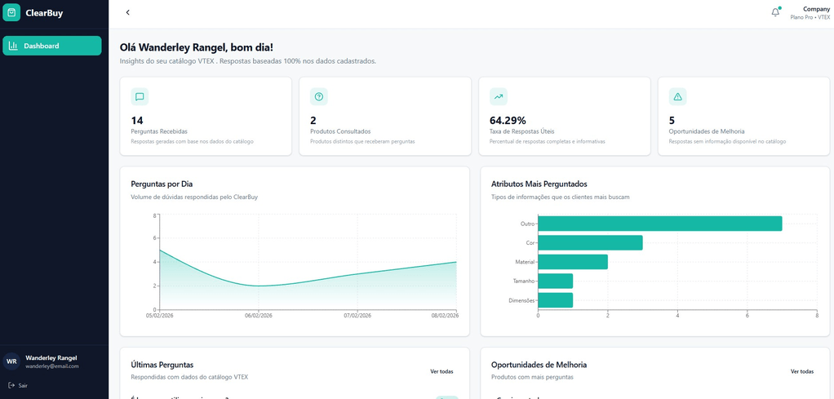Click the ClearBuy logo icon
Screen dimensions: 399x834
(x=11, y=13)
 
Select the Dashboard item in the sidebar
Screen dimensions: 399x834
(x=52, y=46)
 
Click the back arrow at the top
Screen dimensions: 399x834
(x=127, y=13)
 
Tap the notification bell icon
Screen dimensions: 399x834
(x=775, y=12)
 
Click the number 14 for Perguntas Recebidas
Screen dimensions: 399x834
(x=137, y=121)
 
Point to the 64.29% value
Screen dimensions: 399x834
(x=508, y=121)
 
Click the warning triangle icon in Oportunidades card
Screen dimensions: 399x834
(x=677, y=97)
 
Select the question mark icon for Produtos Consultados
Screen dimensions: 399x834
(x=319, y=97)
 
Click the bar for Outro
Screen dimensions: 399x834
(x=659, y=224)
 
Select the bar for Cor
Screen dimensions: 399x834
(x=590, y=242)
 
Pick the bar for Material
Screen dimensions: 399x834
(x=572, y=262)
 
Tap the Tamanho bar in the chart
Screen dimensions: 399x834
(x=555, y=281)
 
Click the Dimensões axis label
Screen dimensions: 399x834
(x=521, y=300)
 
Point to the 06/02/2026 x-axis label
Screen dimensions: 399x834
(x=259, y=315)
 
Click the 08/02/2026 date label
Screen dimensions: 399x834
(x=445, y=315)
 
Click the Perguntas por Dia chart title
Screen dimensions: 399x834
(x=162, y=184)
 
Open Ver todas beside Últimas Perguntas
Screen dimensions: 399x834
(x=441, y=371)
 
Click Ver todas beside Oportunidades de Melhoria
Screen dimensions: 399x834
(x=801, y=371)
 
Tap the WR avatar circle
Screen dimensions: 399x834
(x=11, y=361)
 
